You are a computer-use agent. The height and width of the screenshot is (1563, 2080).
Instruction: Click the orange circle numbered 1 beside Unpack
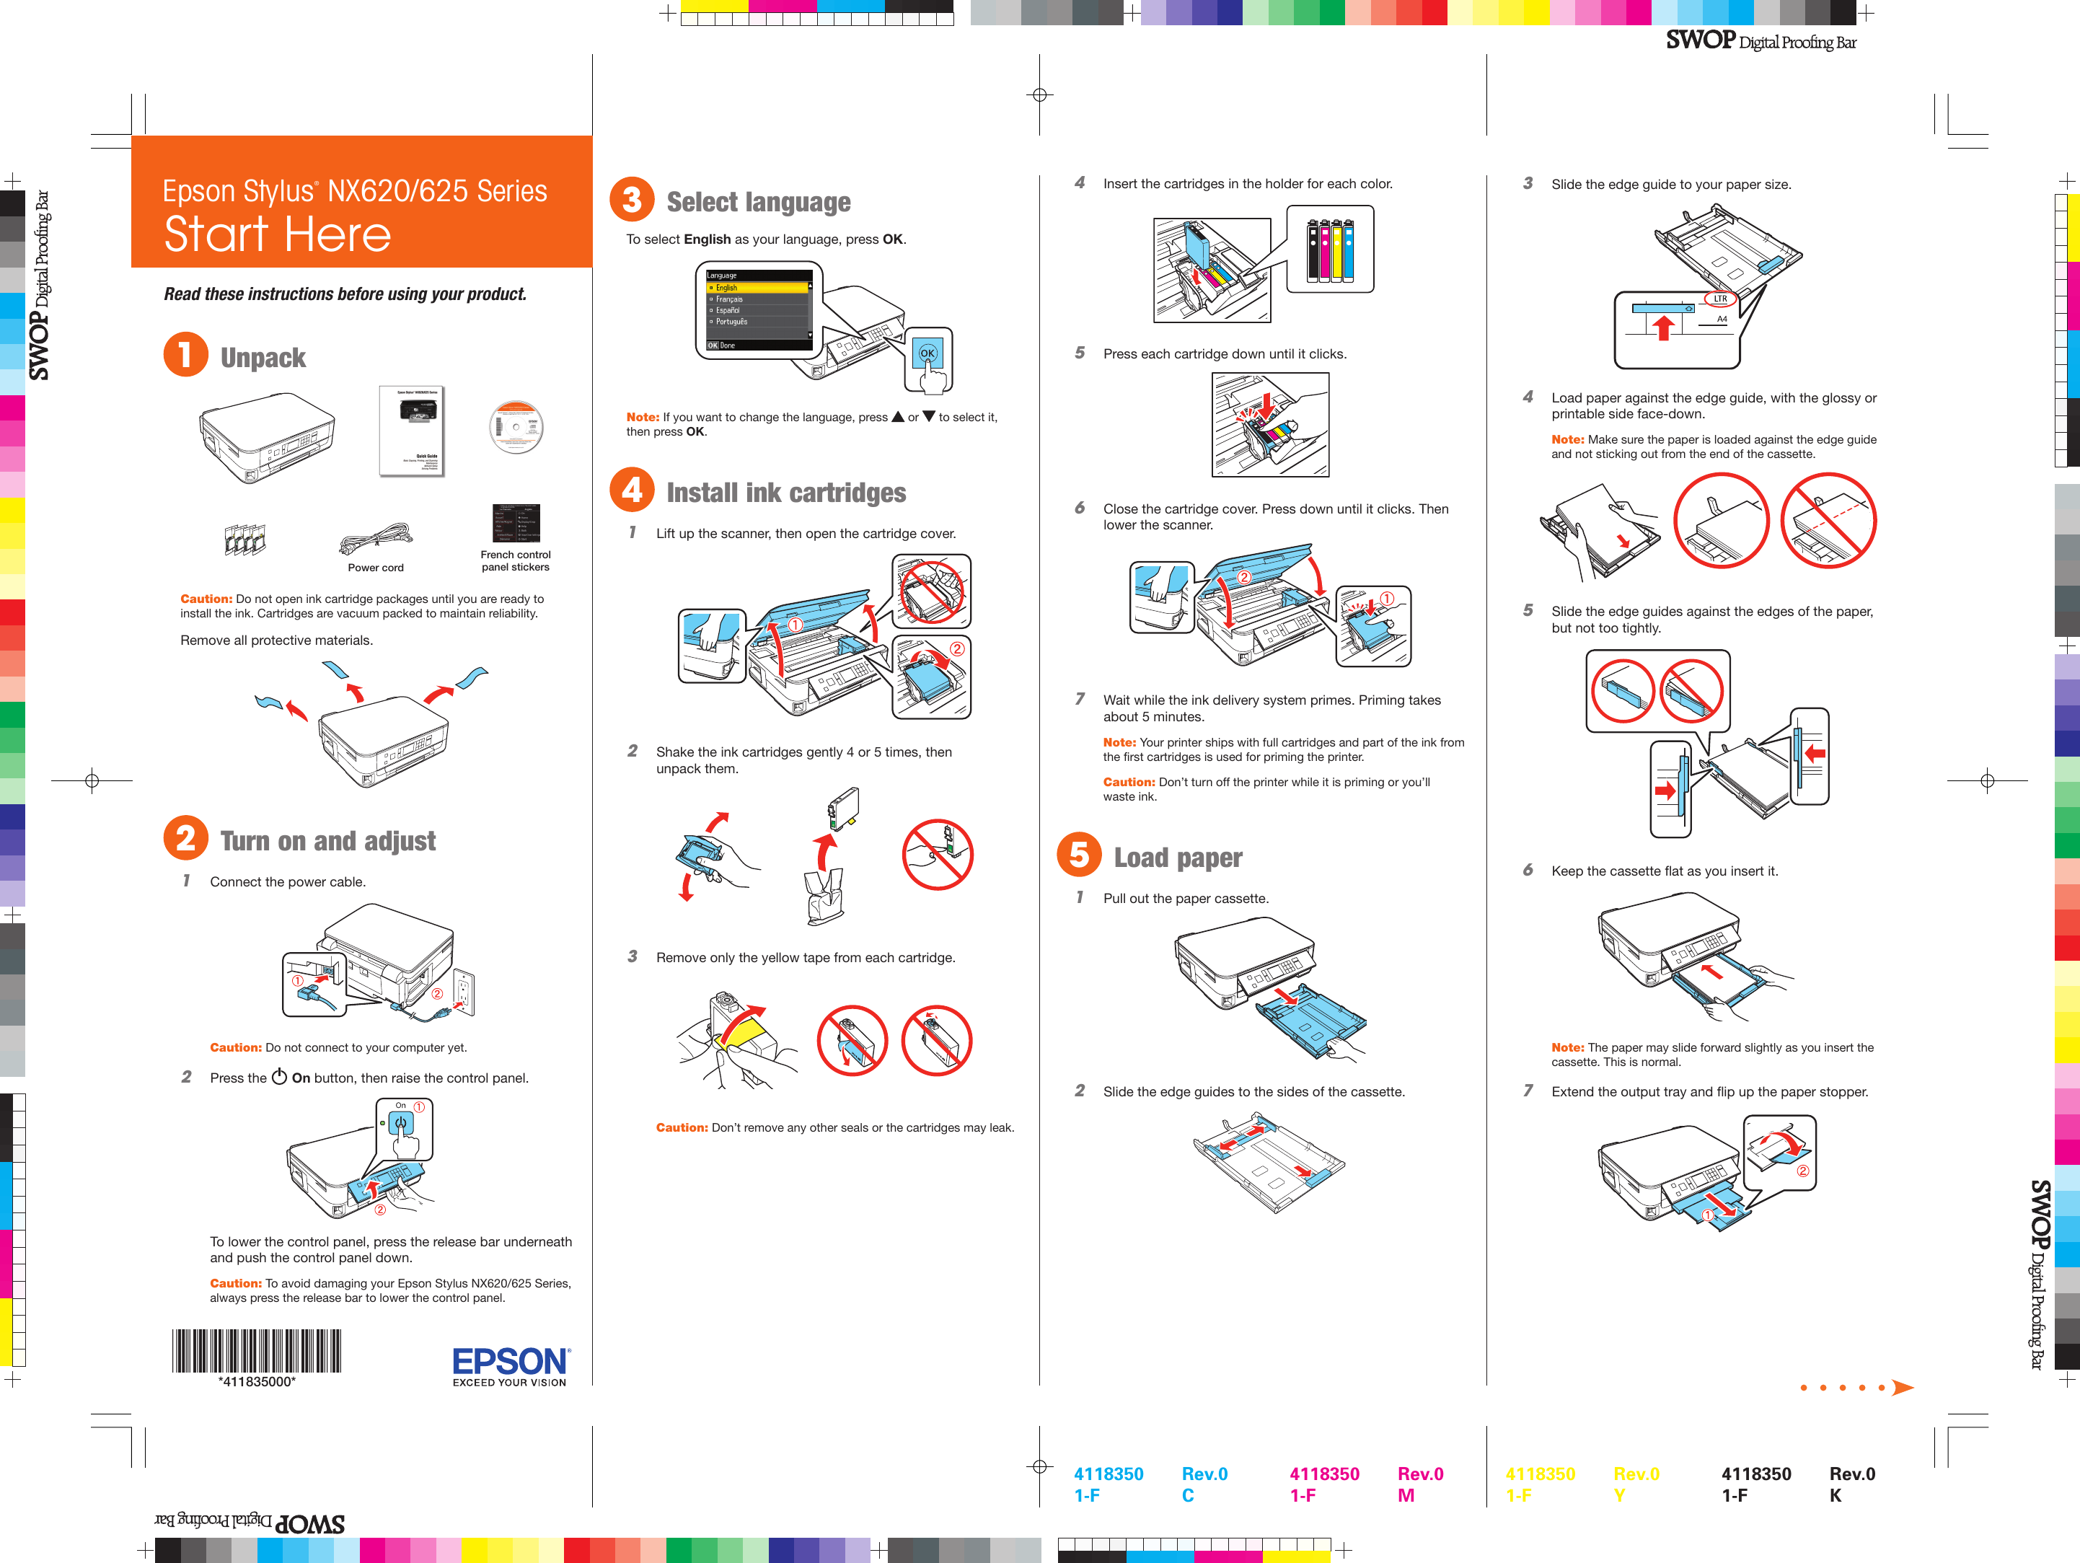point(185,356)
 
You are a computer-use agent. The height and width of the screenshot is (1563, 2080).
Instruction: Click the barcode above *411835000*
point(256,1352)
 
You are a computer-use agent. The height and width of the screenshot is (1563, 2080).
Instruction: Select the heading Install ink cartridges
point(785,493)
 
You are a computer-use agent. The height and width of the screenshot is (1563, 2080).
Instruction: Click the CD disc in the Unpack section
point(516,427)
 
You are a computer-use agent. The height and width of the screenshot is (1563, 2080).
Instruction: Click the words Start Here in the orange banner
point(278,234)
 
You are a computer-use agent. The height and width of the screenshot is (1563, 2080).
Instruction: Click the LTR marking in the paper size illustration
point(1720,299)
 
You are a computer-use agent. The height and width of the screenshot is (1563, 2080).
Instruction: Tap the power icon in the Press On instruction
point(279,1077)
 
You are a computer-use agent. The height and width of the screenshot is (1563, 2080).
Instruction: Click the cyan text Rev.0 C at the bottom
point(1204,1484)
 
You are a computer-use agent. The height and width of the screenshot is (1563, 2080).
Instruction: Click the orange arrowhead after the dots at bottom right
point(1903,1388)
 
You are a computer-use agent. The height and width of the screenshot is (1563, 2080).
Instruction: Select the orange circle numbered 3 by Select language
point(632,201)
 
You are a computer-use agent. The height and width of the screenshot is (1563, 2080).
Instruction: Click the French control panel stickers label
point(515,561)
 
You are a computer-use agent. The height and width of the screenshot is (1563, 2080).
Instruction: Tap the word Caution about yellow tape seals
point(681,1127)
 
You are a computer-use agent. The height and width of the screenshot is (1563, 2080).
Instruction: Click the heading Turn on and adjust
point(327,841)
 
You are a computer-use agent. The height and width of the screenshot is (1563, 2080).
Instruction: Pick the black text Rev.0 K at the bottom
point(1851,1484)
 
